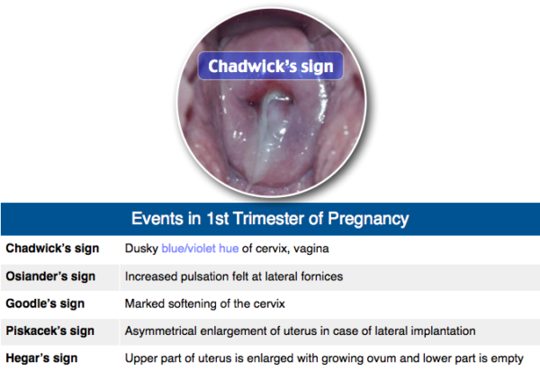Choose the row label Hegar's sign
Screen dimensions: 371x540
36,358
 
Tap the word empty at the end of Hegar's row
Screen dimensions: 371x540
505,358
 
